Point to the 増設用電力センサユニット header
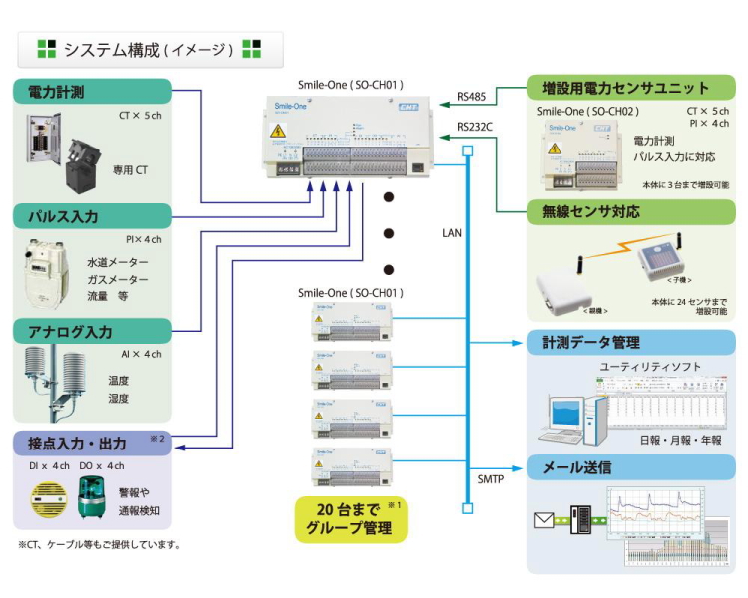(631, 88)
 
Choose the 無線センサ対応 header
(631, 211)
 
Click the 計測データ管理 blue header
(631, 343)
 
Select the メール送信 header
(631, 467)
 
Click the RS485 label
(472, 97)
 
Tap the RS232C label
(476, 127)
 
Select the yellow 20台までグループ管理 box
(351, 519)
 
